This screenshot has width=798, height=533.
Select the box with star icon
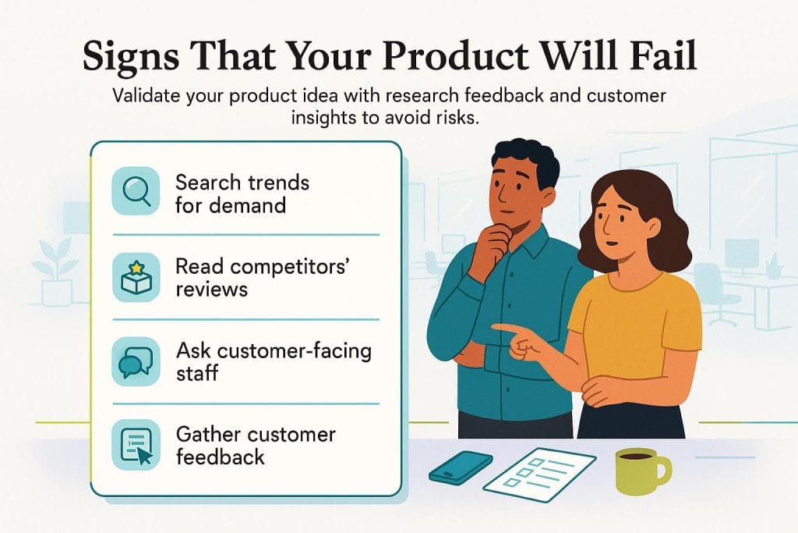click(x=136, y=277)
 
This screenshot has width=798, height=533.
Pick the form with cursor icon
click(x=136, y=446)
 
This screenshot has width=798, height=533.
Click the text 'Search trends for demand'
click(x=242, y=194)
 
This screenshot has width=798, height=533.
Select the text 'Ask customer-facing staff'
click(x=273, y=361)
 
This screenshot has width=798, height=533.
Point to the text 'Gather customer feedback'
click(x=255, y=446)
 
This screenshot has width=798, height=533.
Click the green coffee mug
click(x=639, y=471)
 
